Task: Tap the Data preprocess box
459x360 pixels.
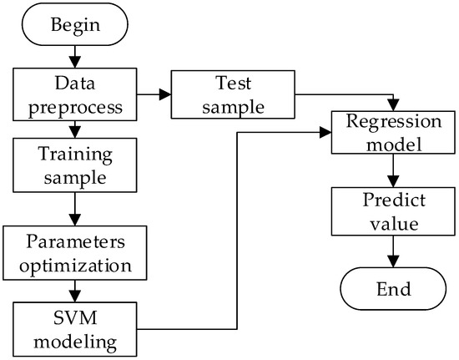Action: coord(76,95)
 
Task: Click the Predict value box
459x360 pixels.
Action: coord(387,213)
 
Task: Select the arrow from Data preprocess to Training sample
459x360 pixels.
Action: coord(76,129)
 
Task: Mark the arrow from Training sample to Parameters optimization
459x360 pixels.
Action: coord(76,209)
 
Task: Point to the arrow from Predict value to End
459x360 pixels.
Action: coord(387,252)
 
